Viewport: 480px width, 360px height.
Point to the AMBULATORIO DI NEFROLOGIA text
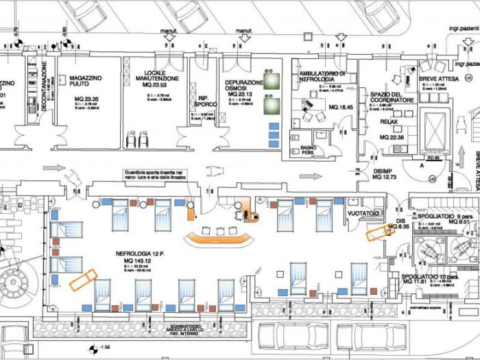coord(322,76)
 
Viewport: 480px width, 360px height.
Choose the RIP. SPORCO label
coord(203,101)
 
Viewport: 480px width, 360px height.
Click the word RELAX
coord(389,122)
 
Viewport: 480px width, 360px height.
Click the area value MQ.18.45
coord(341,108)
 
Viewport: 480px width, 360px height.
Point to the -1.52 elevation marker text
coord(104,348)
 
